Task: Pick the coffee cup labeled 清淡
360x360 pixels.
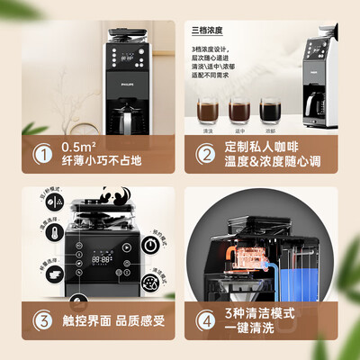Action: click(208, 114)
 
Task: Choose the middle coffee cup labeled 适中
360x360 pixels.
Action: click(238, 114)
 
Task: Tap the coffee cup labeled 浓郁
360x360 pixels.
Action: click(267, 114)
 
